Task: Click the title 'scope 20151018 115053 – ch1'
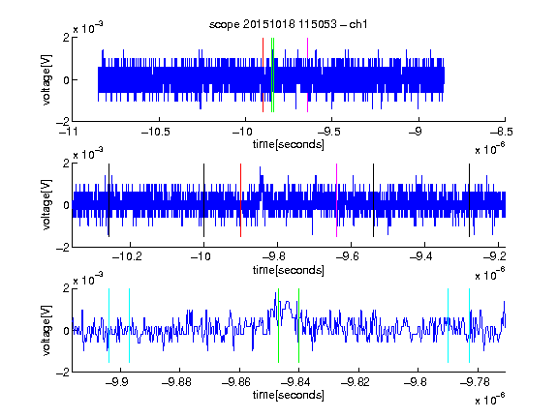(x=289, y=24)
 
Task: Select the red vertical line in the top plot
(x=263, y=75)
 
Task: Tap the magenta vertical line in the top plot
(x=307, y=75)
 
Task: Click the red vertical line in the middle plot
(x=240, y=200)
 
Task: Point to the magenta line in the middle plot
(x=337, y=200)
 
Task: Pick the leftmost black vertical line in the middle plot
(x=108, y=200)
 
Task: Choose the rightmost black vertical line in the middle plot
(x=469, y=200)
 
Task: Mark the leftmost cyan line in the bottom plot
(x=108, y=325)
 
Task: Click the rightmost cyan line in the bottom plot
(x=469, y=325)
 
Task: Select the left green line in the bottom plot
(x=278, y=325)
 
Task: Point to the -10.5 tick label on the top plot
(x=156, y=133)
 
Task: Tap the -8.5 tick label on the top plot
(x=502, y=133)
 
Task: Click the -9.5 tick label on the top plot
(x=329, y=133)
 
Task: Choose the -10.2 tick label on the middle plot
(x=127, y=256)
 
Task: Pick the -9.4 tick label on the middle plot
(x=421, y=256)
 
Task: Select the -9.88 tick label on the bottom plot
(x=177, y=382)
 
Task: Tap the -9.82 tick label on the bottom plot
(x=356, y=382)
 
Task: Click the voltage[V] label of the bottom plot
(x=46, y=330)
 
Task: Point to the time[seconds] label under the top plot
(x=289, y=144)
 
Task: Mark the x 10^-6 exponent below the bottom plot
(x=490, y=400)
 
